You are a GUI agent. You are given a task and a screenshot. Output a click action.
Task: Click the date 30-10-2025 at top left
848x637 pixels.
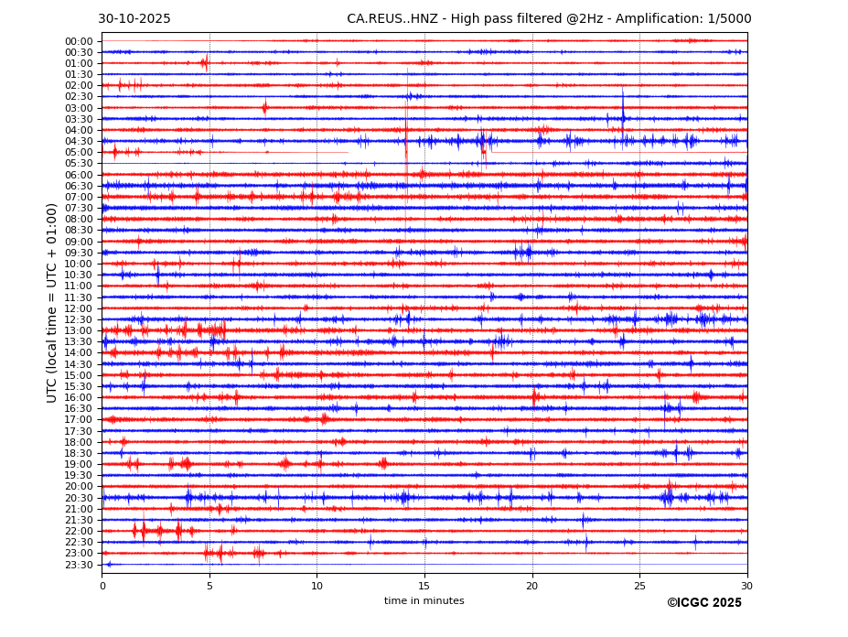pos(134,19)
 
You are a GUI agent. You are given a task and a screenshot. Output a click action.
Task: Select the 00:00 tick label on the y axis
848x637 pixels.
pos(79,41)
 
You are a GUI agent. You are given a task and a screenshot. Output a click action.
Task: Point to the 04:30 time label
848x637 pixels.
pos(79,141)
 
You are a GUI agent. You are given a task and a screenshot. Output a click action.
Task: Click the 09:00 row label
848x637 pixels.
pos(79,242)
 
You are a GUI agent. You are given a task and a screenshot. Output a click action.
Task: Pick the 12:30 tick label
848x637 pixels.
pos(79,319)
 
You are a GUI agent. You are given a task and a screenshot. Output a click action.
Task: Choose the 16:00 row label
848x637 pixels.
pos(79,397)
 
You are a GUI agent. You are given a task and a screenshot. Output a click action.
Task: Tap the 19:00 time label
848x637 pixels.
pos(79,464)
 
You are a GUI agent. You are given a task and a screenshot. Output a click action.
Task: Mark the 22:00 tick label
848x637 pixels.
pos(79,531)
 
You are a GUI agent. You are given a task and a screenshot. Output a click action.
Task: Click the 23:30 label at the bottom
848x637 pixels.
pos(79,565)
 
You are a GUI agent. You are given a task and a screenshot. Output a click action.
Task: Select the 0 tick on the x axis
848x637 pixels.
pos(102,586)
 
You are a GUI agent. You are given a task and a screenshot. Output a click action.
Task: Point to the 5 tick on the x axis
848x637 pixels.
pos(209,586)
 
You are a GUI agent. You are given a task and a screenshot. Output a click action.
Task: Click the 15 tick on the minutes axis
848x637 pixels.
pos(424,586)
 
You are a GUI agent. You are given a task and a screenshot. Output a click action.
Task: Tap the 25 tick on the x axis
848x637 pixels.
pos(639,586)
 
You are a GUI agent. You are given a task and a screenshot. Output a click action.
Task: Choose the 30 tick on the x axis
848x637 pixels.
pos(746,586)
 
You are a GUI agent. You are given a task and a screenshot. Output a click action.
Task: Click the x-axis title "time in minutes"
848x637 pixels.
pos(424,601)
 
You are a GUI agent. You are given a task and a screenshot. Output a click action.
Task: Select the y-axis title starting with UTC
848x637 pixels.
pos(53,302)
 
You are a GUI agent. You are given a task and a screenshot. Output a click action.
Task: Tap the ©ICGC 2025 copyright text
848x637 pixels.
pos(703,603)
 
